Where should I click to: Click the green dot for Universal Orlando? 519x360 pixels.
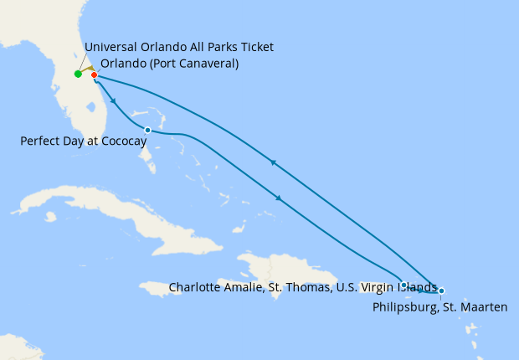78,74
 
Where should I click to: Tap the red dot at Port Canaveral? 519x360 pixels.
94,75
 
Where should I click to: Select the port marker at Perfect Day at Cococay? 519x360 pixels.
147,130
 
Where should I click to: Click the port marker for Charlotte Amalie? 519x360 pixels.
404,285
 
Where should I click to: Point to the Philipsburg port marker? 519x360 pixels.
441,291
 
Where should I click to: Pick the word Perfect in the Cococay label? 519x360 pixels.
41,141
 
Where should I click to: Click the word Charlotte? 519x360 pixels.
196,287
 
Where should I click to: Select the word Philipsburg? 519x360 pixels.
403,308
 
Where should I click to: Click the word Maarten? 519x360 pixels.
485,308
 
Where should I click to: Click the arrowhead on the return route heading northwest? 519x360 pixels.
272,162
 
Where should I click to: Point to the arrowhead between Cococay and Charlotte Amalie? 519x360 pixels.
278,198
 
